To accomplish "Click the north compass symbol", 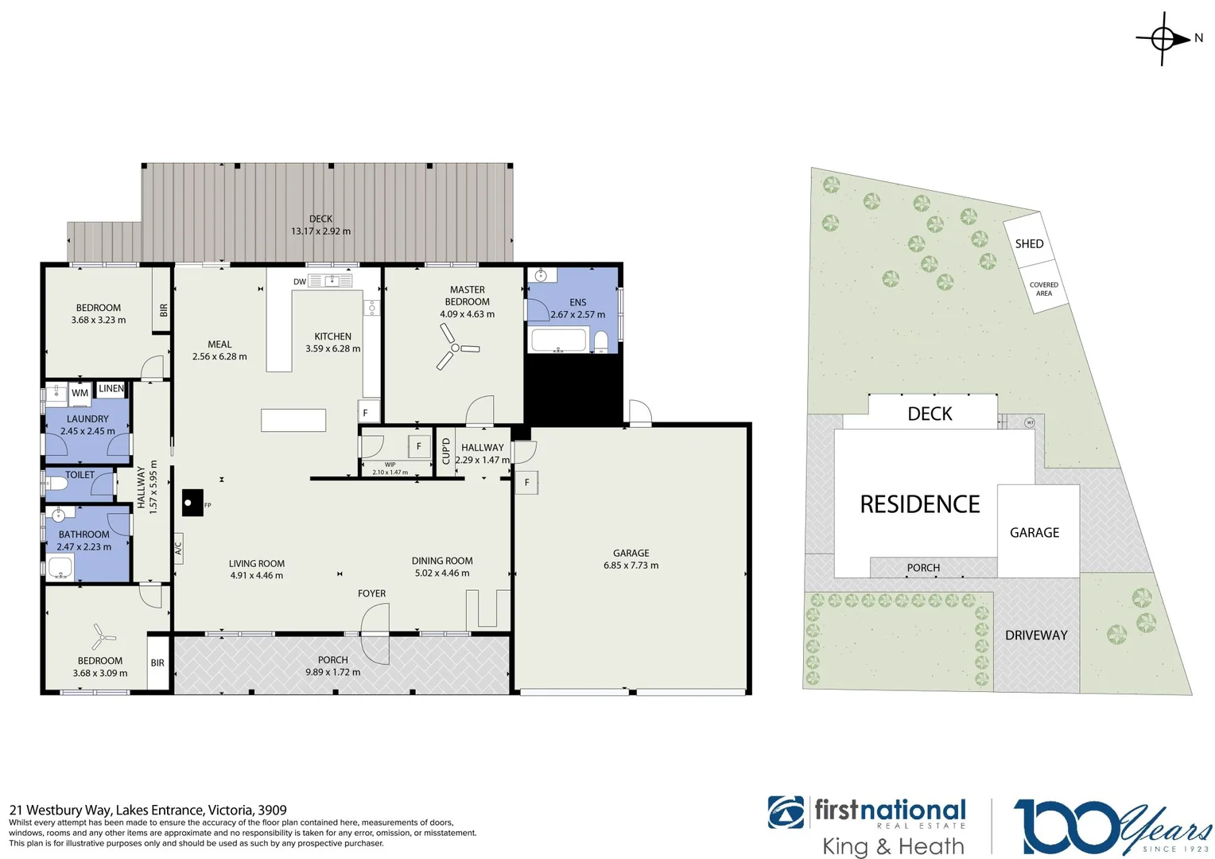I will tap(1163, 38).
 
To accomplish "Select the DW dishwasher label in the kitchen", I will tap(300, 282).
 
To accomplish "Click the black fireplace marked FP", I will tap(192, 503).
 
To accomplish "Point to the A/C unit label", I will tap(178, 548).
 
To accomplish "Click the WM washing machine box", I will tap(80, 393).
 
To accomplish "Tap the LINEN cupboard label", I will tap(111, 389).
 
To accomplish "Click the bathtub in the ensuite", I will tap(558, 341).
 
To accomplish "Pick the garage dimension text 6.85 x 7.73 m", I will tap(631, 566).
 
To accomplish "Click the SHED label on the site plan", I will tap(1029, 243).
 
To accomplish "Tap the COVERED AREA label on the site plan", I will tap(1043, 289).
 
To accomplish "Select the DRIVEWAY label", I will tap(1036, 635).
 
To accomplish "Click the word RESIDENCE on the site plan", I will tap(920, 504).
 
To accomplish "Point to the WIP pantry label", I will tap(390, 464).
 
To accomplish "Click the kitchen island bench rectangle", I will tap(293, 420).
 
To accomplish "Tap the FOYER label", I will tap(371, 593).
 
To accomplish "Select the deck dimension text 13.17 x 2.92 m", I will tap(320, 231).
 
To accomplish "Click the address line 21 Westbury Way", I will tap(148, 810).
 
